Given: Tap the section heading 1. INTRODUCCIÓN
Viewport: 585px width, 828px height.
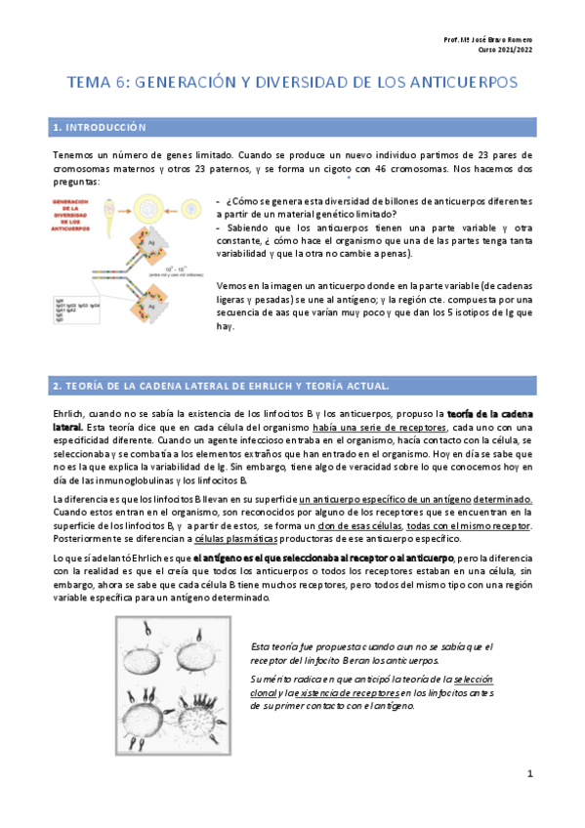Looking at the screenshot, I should (x=100, y=128).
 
